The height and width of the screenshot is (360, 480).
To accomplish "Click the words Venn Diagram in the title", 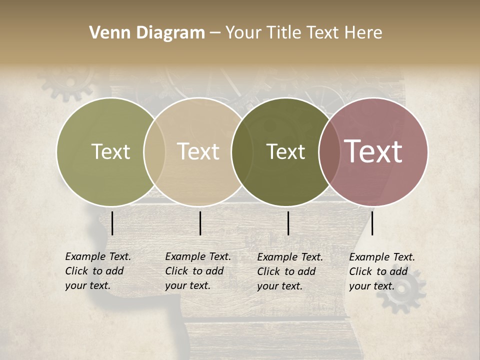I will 147,33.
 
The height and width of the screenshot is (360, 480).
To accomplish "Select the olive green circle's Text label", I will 110,151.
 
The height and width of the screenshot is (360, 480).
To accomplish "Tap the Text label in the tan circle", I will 198,151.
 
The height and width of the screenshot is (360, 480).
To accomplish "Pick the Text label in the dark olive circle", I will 285,151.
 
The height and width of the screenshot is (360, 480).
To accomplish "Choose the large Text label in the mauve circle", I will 373,151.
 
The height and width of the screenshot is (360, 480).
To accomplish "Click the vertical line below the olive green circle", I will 112,223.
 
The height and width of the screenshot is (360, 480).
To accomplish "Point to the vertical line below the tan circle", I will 200,223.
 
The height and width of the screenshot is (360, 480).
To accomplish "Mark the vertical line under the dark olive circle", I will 288,223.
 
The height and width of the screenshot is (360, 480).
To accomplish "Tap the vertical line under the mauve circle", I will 372,223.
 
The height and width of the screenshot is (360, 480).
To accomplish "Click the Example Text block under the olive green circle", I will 97,271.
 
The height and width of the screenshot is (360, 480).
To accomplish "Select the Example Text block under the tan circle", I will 197,271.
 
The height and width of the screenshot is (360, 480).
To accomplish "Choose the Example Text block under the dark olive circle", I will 290,271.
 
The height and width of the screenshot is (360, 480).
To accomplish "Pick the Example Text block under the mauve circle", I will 381,271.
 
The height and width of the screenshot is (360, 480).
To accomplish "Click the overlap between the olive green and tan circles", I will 154,151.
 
